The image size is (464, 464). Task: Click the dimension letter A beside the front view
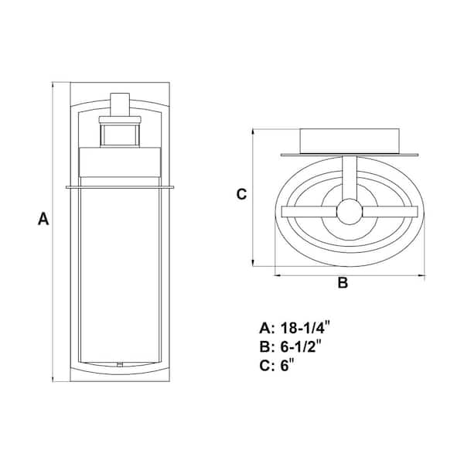(43, 220)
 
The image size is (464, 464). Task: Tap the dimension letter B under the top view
(343, 283)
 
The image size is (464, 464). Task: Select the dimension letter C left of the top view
(241, 194)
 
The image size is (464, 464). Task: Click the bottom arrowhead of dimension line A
(53, 379)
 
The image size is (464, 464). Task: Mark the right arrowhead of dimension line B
(425, 274)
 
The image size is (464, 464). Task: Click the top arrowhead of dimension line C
(255, 131)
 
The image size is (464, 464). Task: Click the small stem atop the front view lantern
(120, 104)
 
